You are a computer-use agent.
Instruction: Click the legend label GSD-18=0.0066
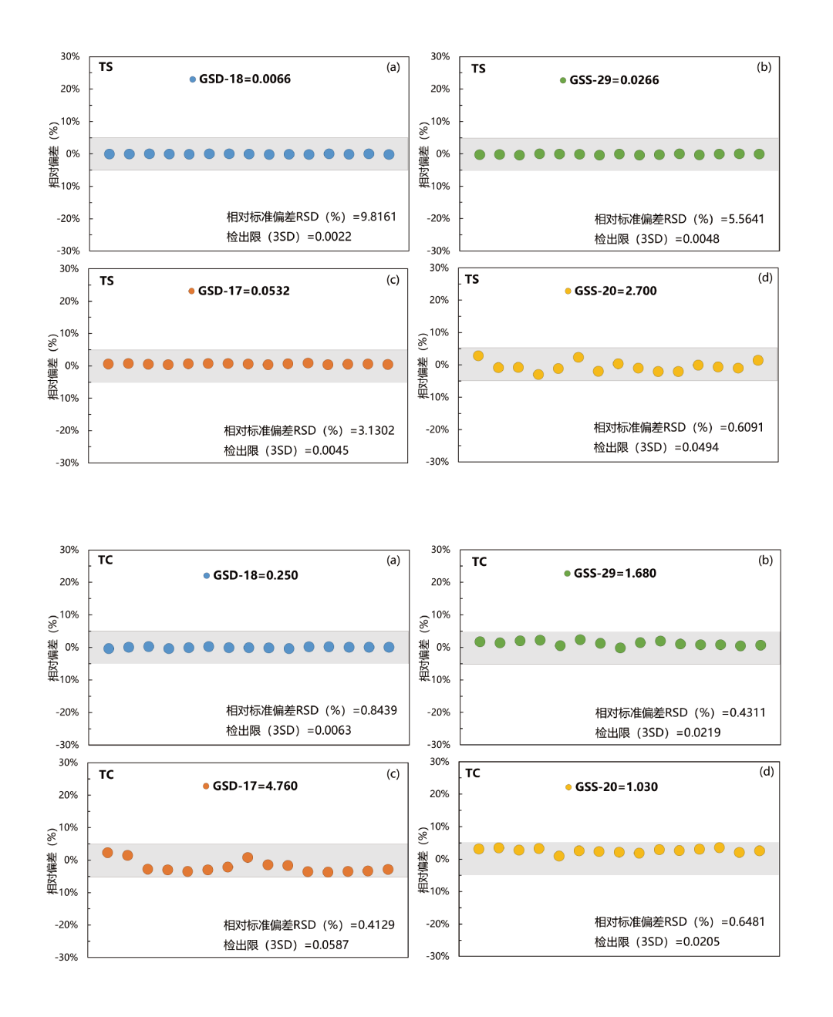(x=245, y=79)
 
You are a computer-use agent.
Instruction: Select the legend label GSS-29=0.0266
(x=614, y=80)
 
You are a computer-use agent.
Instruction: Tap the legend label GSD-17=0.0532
(x=244, y=291)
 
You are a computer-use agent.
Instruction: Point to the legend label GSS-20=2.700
(x=615, y=291)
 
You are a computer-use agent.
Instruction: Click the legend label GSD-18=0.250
(x=255, y=576)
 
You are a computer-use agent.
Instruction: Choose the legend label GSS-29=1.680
(x=615, y=574)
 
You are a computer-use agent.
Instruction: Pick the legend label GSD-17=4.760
(x=255, y=786)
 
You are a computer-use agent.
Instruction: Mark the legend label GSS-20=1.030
(x=616, y=787)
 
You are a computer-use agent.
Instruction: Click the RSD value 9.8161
(x=379, y=217)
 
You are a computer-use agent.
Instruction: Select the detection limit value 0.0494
(x=700, y=448)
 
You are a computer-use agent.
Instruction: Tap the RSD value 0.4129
(x=378, y=925)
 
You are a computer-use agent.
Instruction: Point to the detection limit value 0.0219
(x=702, y=733)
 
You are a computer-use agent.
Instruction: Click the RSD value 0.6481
(x=747, y=922)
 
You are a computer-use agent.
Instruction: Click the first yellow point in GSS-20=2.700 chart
(x=478, y=356)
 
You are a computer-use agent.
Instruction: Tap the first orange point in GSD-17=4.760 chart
(x=108, y=853)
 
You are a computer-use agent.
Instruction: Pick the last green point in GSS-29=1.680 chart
(x=760, y=645)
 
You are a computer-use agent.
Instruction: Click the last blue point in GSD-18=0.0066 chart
(x=389, y=155)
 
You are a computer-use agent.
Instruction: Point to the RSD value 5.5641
(x=746, y=220)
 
